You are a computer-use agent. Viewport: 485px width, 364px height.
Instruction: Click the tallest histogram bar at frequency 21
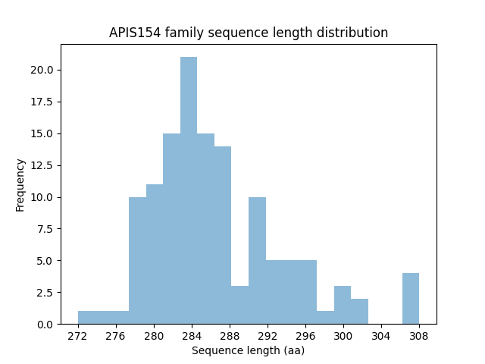pyautogui.click(x=189, y=190)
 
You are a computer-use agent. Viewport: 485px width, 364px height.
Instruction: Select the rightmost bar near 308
pyautogui.click(x=411, y=299)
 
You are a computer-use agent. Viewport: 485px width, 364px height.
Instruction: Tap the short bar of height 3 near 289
pyautogui.click(x=239, y=305)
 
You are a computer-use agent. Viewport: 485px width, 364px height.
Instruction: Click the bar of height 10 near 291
pyautogui.click(x=257, y=261)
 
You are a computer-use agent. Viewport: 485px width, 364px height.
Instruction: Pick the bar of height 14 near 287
pyautogui.click(x=223, y=235)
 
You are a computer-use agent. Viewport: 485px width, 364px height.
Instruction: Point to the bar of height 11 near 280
pyautogui.click(x=155, y=254)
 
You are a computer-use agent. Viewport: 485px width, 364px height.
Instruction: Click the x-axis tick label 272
pyautogui.click(x=78, y=336)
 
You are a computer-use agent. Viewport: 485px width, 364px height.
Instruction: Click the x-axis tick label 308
pyautogui.click(x=419, y=336)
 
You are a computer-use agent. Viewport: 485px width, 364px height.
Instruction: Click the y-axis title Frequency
pyautogui.click(x=20, y=184)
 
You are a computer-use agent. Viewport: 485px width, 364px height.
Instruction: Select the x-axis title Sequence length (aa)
pyautogui.click(x=248, y=350)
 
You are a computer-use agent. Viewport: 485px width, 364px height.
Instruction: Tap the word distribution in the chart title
pyautogui.click(x=355, y=33)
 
